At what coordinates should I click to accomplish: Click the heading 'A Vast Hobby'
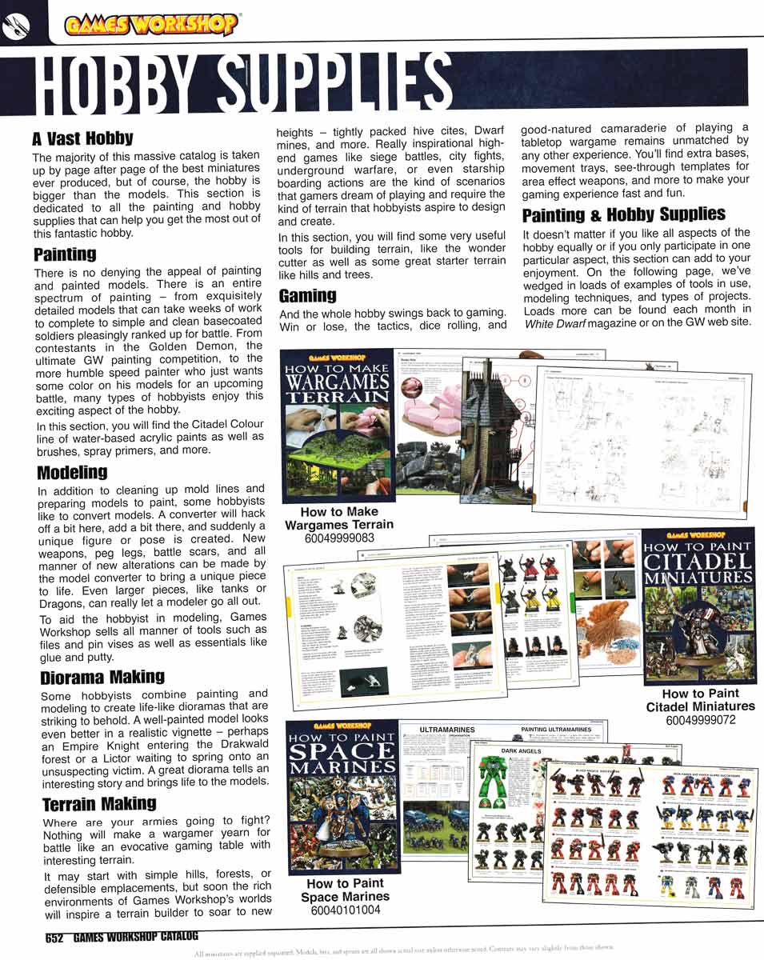coord(82,138)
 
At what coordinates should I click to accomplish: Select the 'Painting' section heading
coord(65,254)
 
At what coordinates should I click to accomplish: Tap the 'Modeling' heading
coord(72,472)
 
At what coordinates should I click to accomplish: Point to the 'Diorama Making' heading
coord(102,677)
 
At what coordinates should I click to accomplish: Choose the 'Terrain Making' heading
coord(98,803)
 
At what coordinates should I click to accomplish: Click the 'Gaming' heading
coord(307,296)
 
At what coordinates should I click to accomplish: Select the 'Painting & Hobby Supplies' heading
coord(624,214)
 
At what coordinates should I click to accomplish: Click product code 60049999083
coord(339,538)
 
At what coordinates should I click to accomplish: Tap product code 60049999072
coord(700,720)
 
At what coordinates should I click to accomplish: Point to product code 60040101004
coord(345,910)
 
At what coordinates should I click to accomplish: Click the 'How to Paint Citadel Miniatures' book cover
coord(699,605)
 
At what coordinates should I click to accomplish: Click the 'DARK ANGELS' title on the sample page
coord(521,751)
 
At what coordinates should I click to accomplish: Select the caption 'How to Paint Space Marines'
coord(345,890)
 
